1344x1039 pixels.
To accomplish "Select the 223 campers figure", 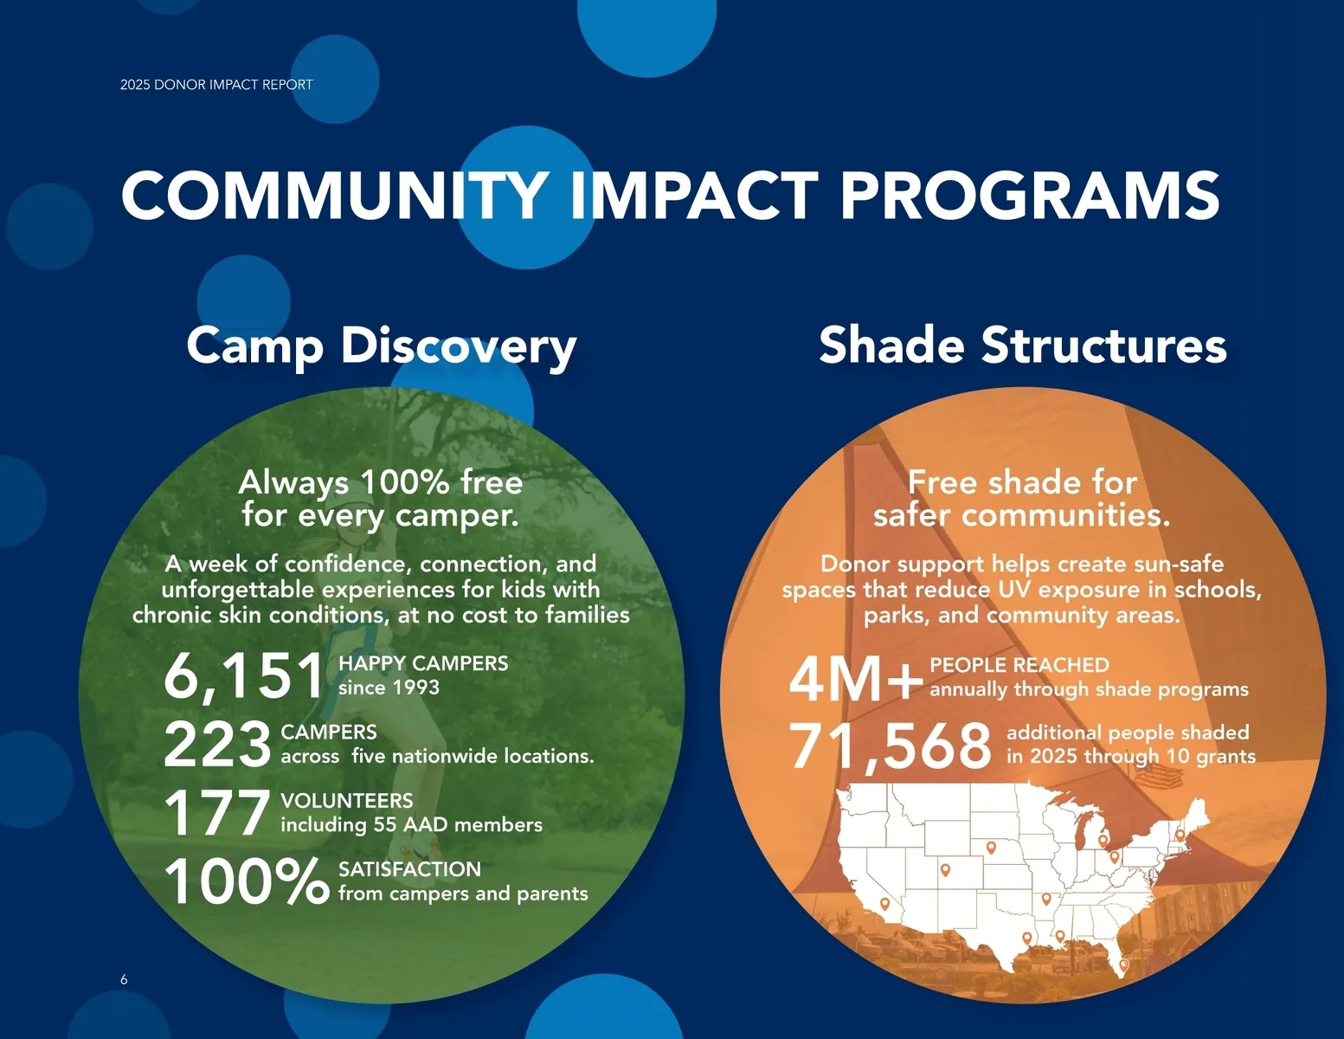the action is (x=217, y=745).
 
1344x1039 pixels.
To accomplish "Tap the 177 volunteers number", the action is (x=216, y=812).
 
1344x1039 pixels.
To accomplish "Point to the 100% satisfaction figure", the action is (x=246, y=881).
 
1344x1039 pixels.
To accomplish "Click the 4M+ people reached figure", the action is (x=856, y=680).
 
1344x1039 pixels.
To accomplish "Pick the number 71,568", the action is (x=890, y=747).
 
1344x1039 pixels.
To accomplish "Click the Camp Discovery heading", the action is (x=382, y=346).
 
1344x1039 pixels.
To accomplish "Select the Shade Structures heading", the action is (x=1022, y=345).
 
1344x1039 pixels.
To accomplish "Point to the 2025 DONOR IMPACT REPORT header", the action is (x=216, y=85).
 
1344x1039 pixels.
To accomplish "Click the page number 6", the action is (x=124, y=979).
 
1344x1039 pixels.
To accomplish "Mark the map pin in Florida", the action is (x=1124, y=965).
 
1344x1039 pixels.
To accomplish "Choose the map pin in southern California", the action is (x=884, y=904).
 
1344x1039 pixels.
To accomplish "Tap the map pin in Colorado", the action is (x=945, y=869).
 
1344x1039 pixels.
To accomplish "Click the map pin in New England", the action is (x=1180, y=835).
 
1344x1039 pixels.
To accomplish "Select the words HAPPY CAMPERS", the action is (x=423, y=663).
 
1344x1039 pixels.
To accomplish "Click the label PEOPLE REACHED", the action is (x=1019, y=665).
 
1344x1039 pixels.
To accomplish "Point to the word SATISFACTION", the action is (x=409, y=868).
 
